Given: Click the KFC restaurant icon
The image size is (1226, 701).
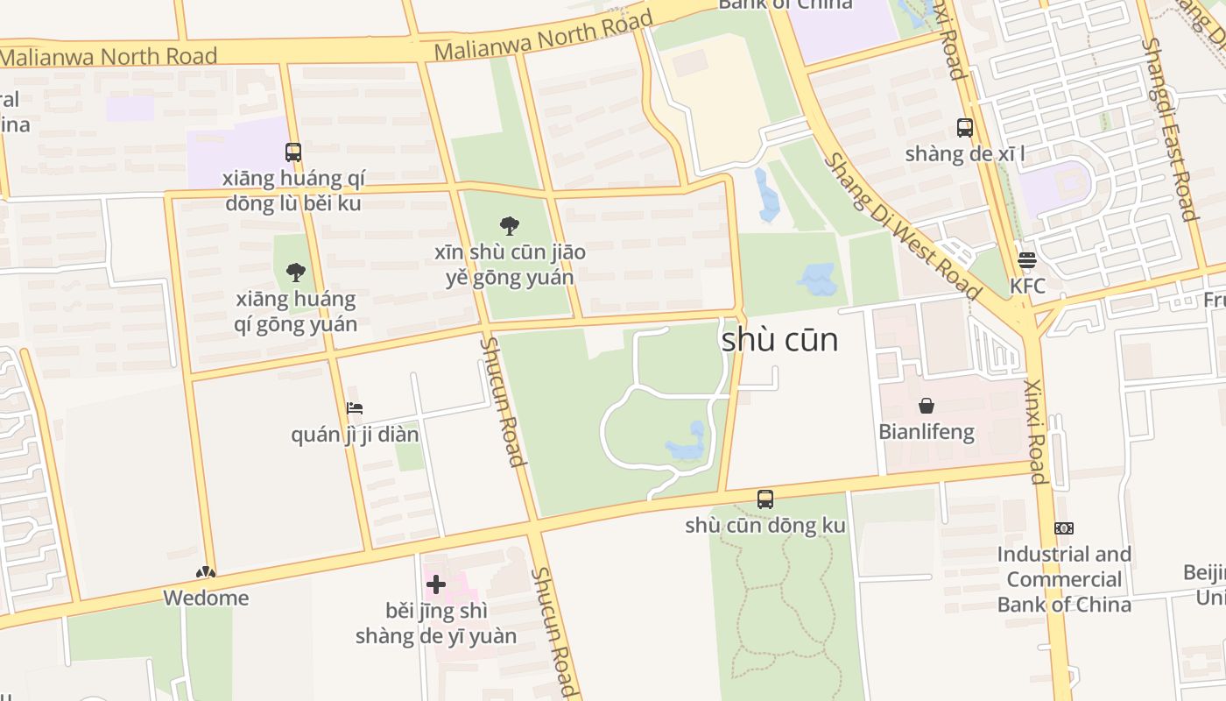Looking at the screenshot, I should pyautogui.click(x=1027, y=260).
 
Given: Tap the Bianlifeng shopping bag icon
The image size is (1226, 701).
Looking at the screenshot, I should pyautogui.click(x=927, y=406).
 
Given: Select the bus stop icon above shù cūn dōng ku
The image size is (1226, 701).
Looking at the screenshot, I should pyautogui.click(x=765, y=499).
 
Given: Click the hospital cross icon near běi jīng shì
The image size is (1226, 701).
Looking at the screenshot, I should pyautogui.click(x=435, y=584).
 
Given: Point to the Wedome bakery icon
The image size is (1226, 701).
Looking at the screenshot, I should pyautogui.click(x=206, y=573).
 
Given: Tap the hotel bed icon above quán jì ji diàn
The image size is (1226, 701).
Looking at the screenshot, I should pyautogui.click(x=355, y=408).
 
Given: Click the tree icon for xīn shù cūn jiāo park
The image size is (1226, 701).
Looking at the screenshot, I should pyautogui.click(x=509, y=226).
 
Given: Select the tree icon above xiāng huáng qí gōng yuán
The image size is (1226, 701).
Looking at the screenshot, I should pyautogui.click(x=296, y=273).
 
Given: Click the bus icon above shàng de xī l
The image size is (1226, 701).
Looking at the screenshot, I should pyautogui.click(x=965, y=128).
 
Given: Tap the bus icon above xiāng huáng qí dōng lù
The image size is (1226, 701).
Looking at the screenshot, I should pyautogui.click(x=293, y=152).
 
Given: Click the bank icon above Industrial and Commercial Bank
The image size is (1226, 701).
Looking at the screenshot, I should pyautogui.click(x=1064, y=528).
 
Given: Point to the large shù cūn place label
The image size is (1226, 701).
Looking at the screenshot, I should pyautogui.click(x=779, y=340).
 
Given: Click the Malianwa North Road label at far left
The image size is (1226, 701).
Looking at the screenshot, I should pyautogui.click(x=109, y=57).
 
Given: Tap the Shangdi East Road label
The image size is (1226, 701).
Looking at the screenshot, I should pyautogui.click(x=1169, y=130).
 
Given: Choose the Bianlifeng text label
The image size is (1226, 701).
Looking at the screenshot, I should pyautogui.click(x=927, y=432).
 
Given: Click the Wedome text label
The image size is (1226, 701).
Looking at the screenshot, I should pyautogui.click(x=207, y=598).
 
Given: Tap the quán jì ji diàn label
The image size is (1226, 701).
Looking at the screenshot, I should pyautogui.click(x=355, y=435).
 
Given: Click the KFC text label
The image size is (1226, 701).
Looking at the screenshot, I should pyautogui.click(x=1027, y=287).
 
